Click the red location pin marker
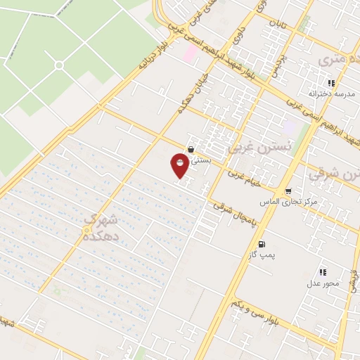click(x=181, y=165)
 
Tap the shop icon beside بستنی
click(x=191, y=148)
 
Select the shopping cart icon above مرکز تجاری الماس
click(x=288, y=191)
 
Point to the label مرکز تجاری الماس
click(x=288, y=202)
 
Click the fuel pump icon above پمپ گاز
click(x=262, y=244)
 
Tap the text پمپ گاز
click(x=262, y=255)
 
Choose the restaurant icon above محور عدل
click(x=323, y=272)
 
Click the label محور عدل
click(x=323, y=283)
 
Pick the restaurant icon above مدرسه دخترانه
click(x=331, y=83)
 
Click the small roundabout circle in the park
click(x=59, y=65)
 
